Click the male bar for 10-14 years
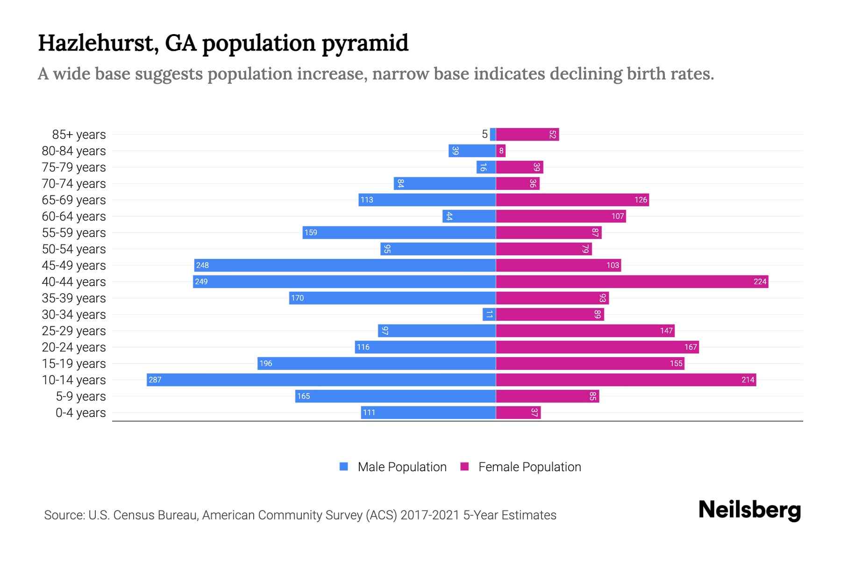pos(321,380)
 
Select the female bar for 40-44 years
pos(632,281)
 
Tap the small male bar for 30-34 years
pos(489,314)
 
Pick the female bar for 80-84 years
pos(500,151)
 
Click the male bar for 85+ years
pos(493,134)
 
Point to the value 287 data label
pos(155,380)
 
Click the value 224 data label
pos(760,281)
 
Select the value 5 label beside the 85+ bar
pos(485,134)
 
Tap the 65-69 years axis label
pos(74,200)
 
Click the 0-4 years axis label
pos(80,413)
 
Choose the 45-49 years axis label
pos(74,266)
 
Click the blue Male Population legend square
pos(344,467)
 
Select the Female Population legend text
pos(529,467)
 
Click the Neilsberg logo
pos(749,510)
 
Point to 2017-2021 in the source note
pos(430,515)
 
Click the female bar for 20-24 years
pos(597,347)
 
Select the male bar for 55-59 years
pos(399,232)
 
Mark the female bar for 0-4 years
pos(518,412)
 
